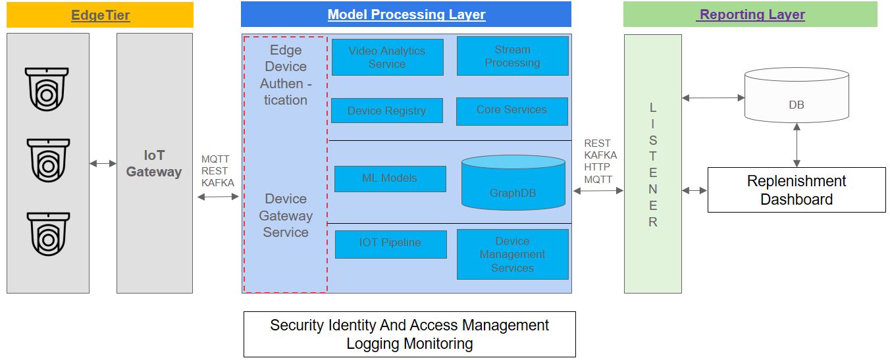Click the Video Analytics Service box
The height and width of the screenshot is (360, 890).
pyautogui.click(x=387, y=57)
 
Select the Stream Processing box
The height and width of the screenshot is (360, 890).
pyautogui.click(x=512, y=56)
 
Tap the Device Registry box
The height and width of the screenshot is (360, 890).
pyautogui.click(x=386, y=111)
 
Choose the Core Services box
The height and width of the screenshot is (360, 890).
pyautogui.click(x=511, y=110)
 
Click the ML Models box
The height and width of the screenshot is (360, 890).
pyautogui.click(x=390, y=178)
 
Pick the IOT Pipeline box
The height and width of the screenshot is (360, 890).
pyautogui.click(x=390, y=244)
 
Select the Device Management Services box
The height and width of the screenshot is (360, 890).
pyautogui.click(x=512, y=255)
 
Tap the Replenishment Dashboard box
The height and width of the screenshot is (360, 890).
pyautogui.click(x=796, y=190)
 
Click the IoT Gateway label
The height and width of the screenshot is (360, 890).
pyautogui.click(x=154, y=163)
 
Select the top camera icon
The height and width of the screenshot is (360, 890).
pyautogui.click(x=47, y=88)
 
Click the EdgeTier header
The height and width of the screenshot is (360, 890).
pyautogui.click(x=100, y=14)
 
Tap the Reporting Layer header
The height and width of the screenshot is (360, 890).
pyautogui.click(x=750, y=14)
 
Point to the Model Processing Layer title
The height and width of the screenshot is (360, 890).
pyautogui.click(x=406, y=14)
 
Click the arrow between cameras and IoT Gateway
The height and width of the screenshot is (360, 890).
pyautogui.click(x=103, y=163)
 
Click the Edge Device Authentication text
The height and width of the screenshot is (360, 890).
pyautogui.click(x=286, y=75)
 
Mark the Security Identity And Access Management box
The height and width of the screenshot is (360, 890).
pyautogui.click(x=409, y=334)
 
